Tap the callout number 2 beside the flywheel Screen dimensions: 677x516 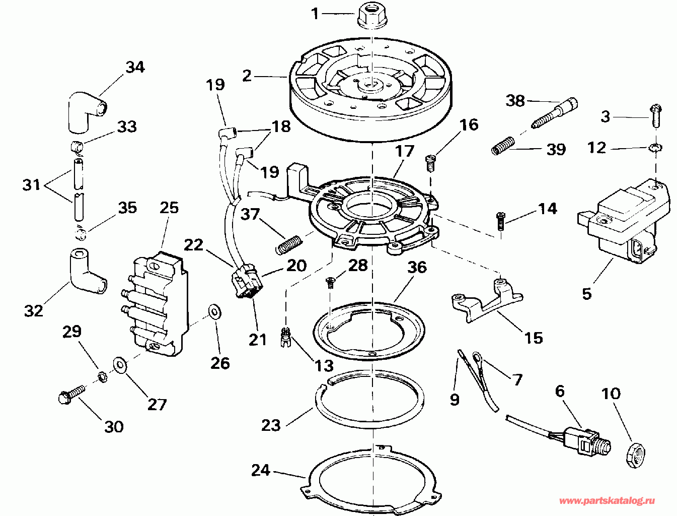click(247, 76)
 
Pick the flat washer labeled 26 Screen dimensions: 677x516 click(214, 311)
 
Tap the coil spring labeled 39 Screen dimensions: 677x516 click(503, 146)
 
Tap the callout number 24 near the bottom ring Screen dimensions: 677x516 click(261, 471)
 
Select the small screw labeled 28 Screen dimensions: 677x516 click(330, 283)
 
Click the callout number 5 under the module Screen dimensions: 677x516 click(586, 294)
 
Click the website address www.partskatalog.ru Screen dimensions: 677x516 click(607, 500)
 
